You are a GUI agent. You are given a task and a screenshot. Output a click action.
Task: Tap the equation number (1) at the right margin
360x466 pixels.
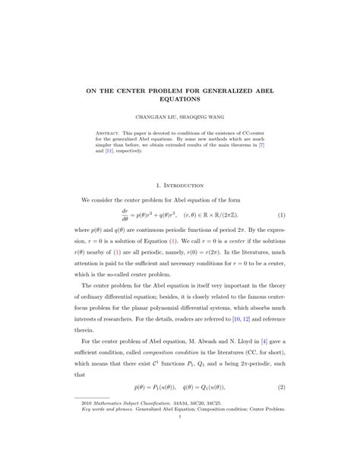pyautogui.click(x=281, y=215)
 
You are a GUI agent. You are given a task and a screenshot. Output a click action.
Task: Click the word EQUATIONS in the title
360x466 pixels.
pyautogui.click(x=179, y=99)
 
